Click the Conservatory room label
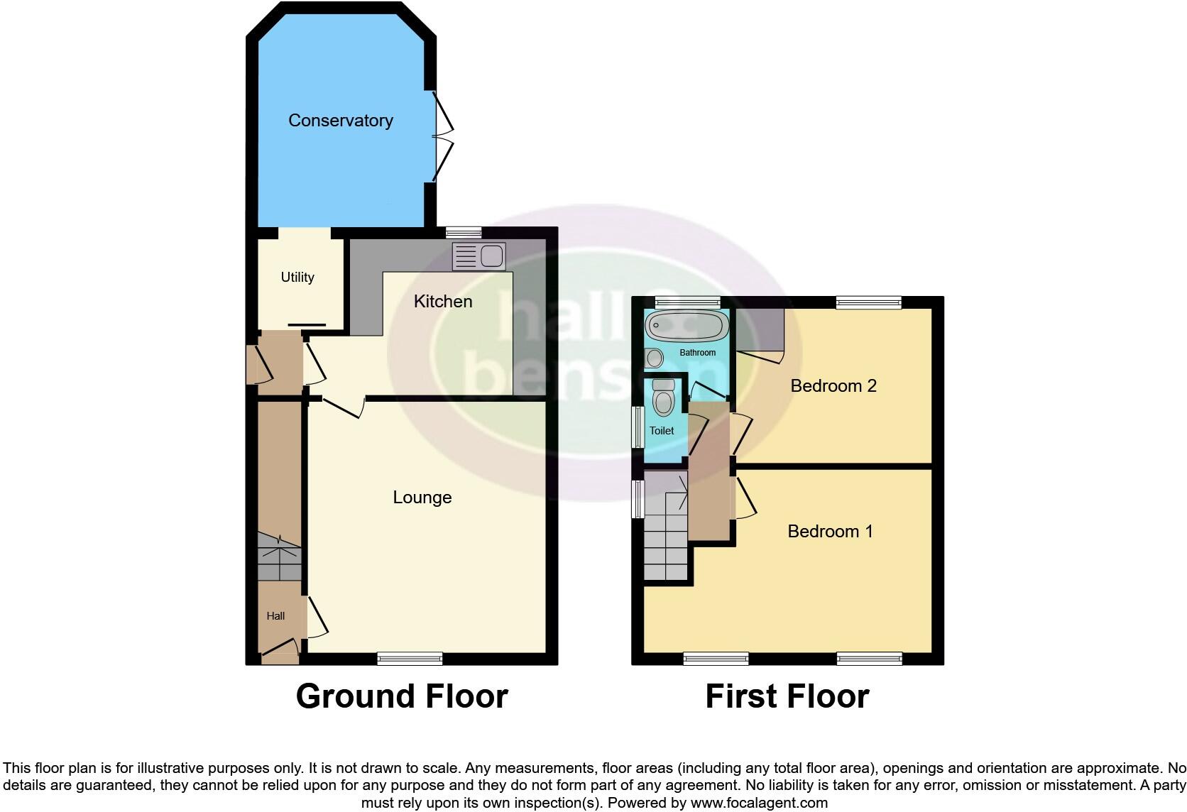click(x=340, y=121)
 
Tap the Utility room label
click(x=297, y=278)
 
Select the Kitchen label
click(x=443, y=302)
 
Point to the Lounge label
click(x=422, y=498)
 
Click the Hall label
click(x=275, y=616)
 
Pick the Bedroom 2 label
click(x=833, y=386)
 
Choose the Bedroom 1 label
click(x=830, y=532)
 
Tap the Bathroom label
click(x=698, y=353)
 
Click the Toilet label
click(x=662, y=431)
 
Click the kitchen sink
click(x=478, y=256)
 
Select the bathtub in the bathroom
click(x=687, y=327)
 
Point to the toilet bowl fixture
click(x=663, y=399)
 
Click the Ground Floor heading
click(x=402, y=697)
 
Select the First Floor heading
click(x=787, y=697)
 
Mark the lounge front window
click(x=410, y=659)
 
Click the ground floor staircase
click(x=279, y=559)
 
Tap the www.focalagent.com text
click(x=759, y=803)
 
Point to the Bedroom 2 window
click(x=868, y=303)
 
